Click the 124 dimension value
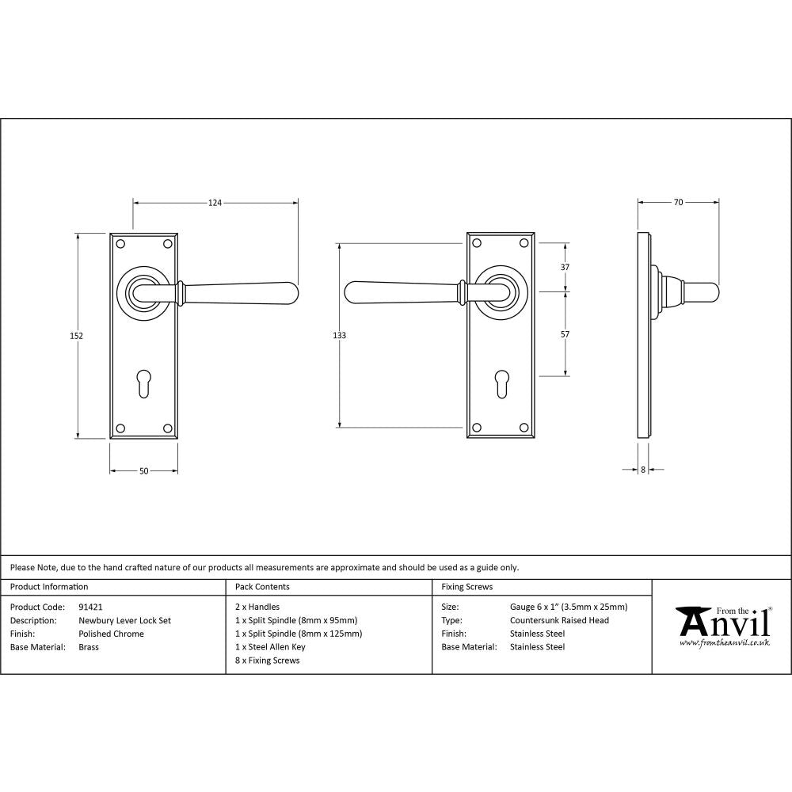pyautogui.click(x=215, y=203)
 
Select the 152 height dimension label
pyautogui.click(x=77, y=336)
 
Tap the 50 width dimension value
pyautogui.click(x=143, y=471)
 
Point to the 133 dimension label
pyautogui.click(x=339, y=336)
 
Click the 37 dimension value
pyautogui.click(x=565, y=268)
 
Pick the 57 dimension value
pyautogui.click(x=565, y=335)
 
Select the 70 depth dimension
pyautogui.click(x=678, y=203)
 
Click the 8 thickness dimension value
pyautogui.click(x=643, y=470)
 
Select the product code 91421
pyautogui.click(x=91, y=607)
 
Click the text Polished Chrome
pyautogui.click(x=111, y=634)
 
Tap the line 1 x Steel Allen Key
pyautogui.click(x=270, y=647)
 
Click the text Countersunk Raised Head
pyautogui.click(x=559, y=621)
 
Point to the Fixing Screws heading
pyautogui.click(x=466, y=587)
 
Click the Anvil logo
pyautogui.click(x=722, y=626)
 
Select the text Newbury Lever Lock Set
pyautogui.click(x=124, y=621)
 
